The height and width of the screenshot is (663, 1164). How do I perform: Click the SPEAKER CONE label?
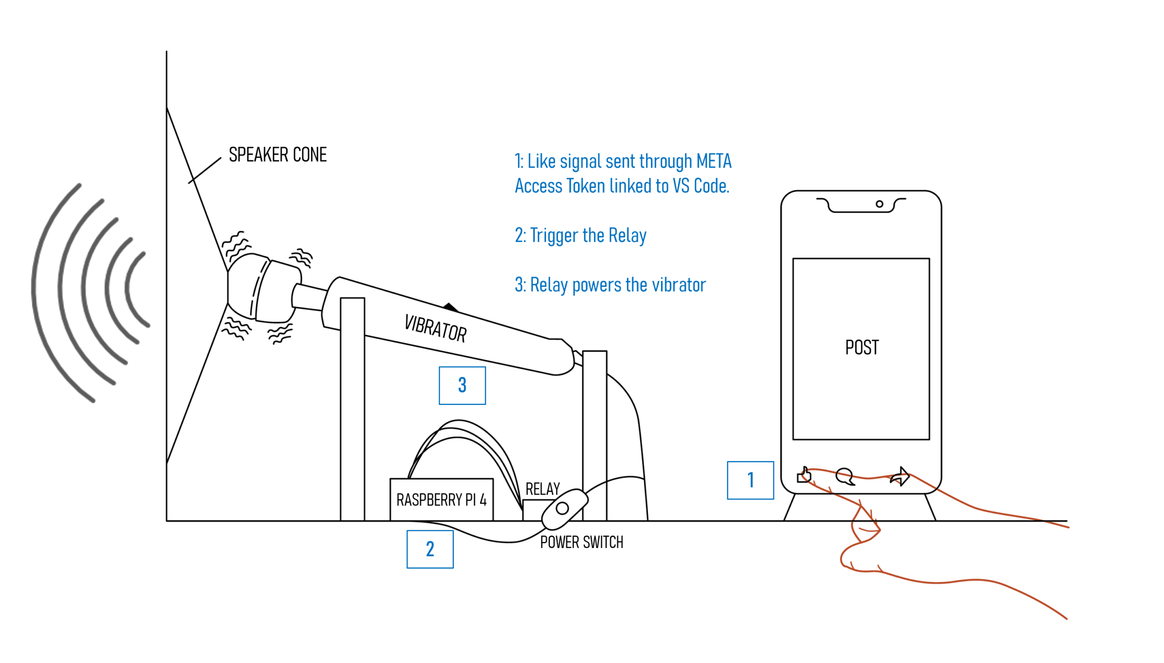click(x=277, y=155)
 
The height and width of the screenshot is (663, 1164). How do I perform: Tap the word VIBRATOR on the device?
click(x=435, y=328)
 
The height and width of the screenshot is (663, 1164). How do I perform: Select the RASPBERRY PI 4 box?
click(x=442, y=499)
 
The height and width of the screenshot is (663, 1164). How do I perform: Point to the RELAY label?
click(x=542, y=489)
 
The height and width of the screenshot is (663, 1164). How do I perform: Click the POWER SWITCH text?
click(x=581, y=542)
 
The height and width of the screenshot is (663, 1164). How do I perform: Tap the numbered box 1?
click(x=750, y=480)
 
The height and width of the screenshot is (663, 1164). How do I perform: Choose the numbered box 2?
click(x=430, y=549)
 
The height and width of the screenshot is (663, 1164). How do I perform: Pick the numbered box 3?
click(x=462, y=385)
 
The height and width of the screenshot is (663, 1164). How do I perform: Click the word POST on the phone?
click(x=862, y=348)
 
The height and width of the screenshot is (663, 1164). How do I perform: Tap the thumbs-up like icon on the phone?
click(x=804, y=475)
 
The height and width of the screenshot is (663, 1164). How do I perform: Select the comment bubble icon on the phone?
click(x=845, y=477)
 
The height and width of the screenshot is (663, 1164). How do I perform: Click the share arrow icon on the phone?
click(x=900, y=476)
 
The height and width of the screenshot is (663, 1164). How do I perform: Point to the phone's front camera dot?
click(x=879, y=204)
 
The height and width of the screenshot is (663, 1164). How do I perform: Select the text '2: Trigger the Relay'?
click(x=580, y=236)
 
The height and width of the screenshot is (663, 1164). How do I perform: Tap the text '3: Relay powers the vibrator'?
click(x=610, y=285)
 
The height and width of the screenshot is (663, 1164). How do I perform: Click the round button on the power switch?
click(x=562, y=508)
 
